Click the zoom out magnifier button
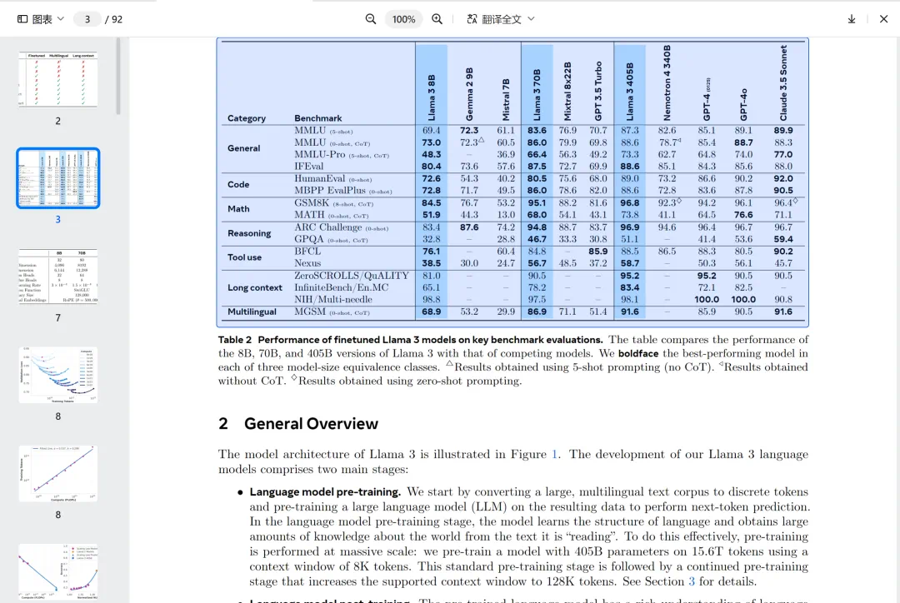371,19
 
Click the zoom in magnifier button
437,19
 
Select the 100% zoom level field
403,19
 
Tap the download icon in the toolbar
852,19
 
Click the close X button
884,19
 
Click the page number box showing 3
87,19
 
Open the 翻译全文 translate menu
501,19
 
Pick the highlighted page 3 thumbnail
57,178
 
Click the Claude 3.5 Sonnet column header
783,82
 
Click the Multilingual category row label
252,312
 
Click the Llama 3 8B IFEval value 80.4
432,167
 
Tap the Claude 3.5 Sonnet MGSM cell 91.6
783,312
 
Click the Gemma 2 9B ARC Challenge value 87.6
469,227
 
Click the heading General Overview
311,424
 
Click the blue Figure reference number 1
554,455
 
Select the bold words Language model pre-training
325,492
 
